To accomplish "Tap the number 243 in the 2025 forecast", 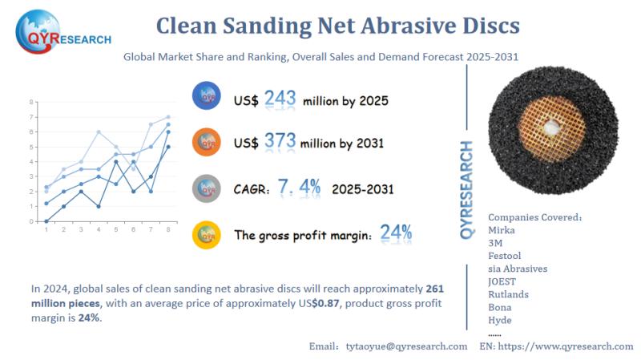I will (x=280, y=99).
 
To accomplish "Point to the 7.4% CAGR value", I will (x=299, y=188).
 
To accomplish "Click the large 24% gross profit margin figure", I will (x=396, y=233).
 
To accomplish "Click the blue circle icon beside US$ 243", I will (x=208, y=98).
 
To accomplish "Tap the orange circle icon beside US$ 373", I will (x=208, y=143).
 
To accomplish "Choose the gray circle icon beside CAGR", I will (x=208, y=188).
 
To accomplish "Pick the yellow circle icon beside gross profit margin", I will (x=208, y=234).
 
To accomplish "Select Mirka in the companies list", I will (x=502, y=230).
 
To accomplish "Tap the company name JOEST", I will (x=503, y=281).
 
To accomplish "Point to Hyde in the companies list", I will (x=501, y=320).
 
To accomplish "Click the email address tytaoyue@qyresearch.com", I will (x=406, y=346).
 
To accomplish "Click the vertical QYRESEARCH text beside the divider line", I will (x=467, y=188).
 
